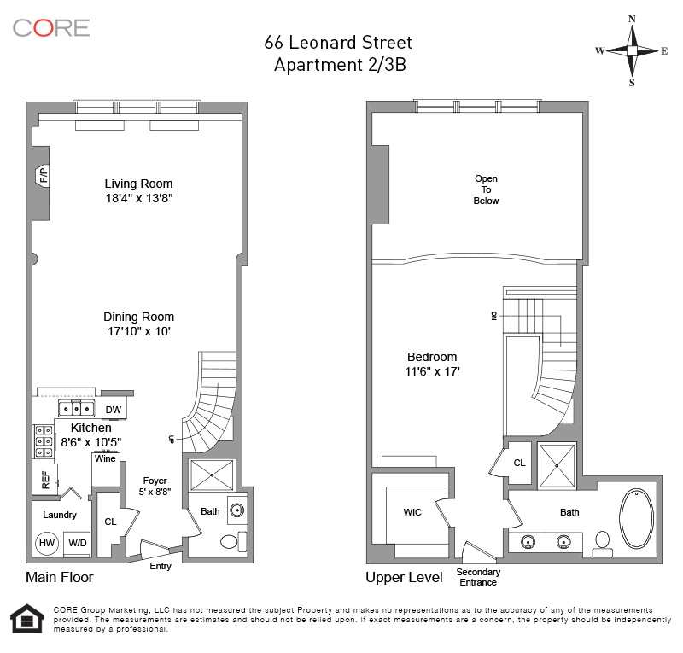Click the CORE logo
[51, 28]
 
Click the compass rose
[632, 51]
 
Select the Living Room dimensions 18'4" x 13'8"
[139, 198]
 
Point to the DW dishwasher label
[114, 410]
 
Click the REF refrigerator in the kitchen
[45, 480]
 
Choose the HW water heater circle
[47, 543]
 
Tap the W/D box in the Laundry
[77, 543]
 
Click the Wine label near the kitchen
[105, 458]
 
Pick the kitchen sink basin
[76, 409]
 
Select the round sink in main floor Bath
[237, 510]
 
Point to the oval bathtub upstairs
[637, 518]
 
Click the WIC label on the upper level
[412, 512]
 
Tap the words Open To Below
[486, 190]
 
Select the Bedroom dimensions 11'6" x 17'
[432, 371]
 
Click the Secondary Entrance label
[478, 577]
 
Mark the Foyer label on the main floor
[155, 481]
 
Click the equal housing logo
[27, 619]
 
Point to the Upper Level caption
[404, 578]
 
